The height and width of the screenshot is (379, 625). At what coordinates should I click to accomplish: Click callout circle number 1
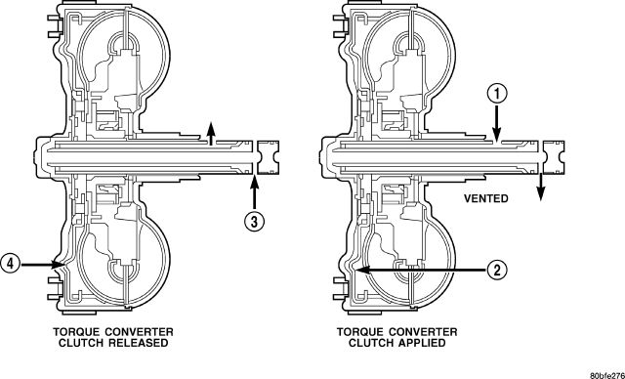pyautogui.click(x=497, y=95)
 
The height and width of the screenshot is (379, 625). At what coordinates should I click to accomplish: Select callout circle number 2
pyautogui.click(x=497, y=271)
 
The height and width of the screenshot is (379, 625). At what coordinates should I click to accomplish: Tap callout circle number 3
pyautogui.click(x=254, y=221)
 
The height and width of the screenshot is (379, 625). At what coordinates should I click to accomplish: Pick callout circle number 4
pyautogui.click(x=11, y=264)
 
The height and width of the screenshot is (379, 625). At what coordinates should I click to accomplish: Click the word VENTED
pyautogui.click(x=486, y=198)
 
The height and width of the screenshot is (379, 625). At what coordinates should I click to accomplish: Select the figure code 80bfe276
pyautogui.click(x=607, y=375)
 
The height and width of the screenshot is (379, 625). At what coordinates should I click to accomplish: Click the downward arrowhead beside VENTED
pyautogui.click(x=540, y=194)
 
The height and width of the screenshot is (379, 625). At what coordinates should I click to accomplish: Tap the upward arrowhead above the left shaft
pyautogui.click(x=211, y=129)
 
